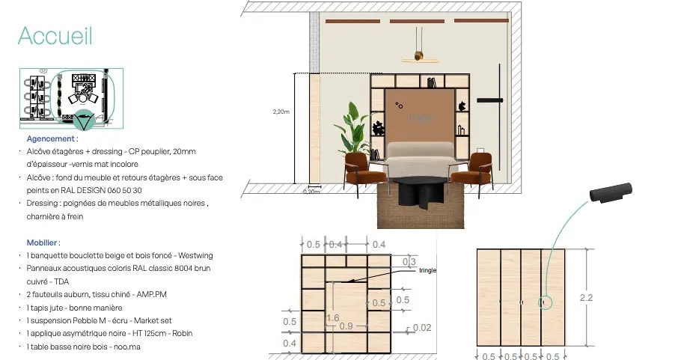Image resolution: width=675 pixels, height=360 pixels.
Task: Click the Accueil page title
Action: [55, 35]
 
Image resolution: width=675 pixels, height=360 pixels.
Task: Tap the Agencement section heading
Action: [51, 139]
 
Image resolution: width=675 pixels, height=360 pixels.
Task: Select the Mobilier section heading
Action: [43, 242]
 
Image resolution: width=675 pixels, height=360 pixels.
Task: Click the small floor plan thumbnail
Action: [71, 95]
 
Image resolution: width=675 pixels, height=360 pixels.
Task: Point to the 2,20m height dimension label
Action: [281, 112]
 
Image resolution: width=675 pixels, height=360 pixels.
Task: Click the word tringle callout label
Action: [428, 270]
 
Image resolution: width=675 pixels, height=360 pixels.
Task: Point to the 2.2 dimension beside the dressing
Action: [586, 297]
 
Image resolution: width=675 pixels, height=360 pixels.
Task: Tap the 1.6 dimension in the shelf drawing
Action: [333, 318]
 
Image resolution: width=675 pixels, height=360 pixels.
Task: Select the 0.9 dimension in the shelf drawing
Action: [346, 326]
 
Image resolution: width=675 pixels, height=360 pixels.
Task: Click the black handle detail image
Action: [611, 192]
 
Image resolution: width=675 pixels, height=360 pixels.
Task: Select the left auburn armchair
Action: [364, 171]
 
